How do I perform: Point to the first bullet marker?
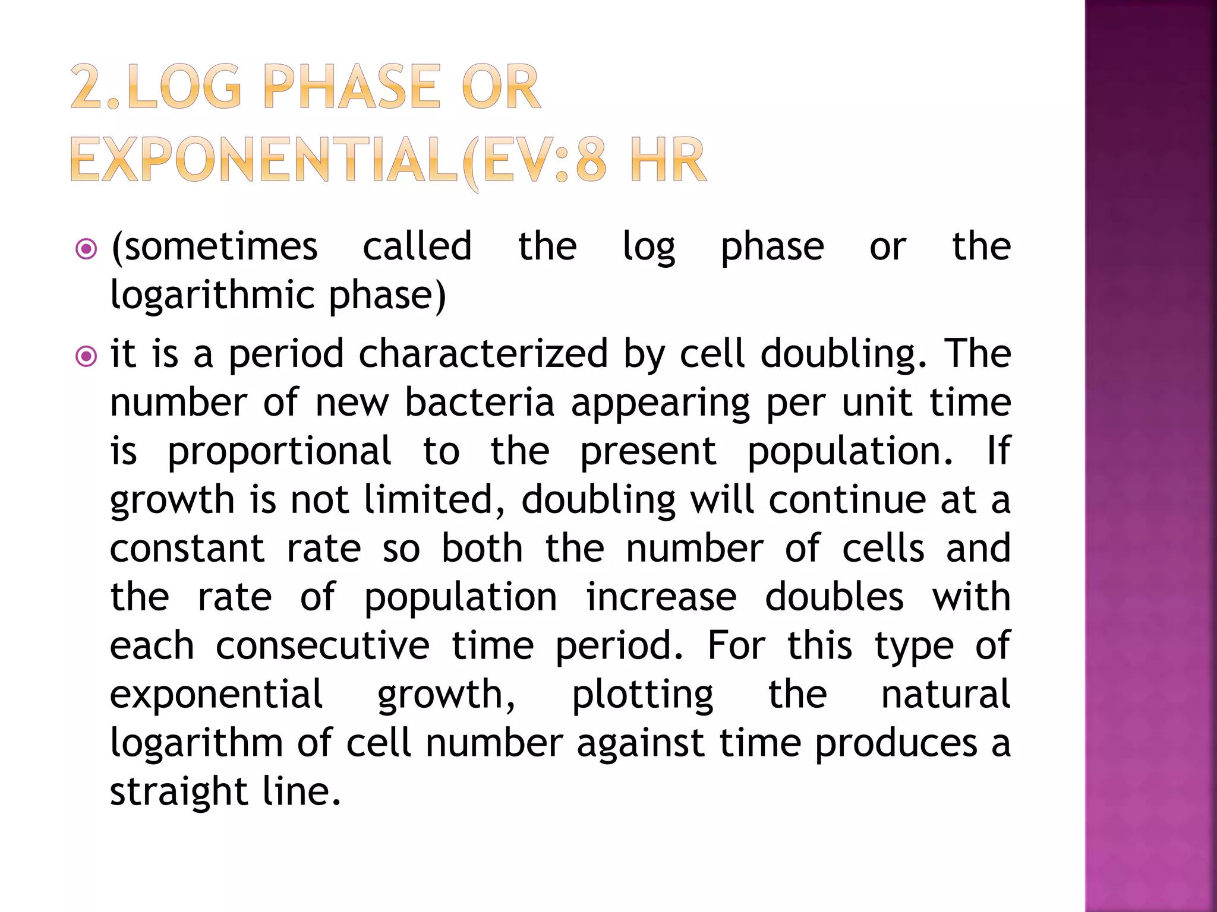87,249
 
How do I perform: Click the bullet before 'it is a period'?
87,356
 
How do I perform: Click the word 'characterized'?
483,354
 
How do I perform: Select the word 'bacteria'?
480,403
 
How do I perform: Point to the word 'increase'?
661,597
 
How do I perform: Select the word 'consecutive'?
322,645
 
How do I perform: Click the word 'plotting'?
642,695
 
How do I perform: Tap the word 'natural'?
945,694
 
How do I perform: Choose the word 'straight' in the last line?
179,793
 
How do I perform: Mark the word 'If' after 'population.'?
998,451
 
